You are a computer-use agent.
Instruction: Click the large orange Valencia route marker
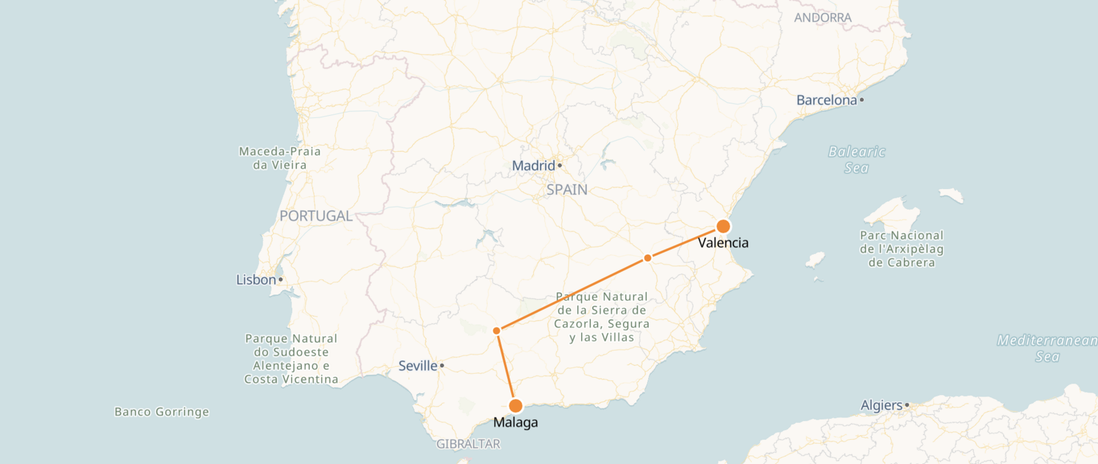pos(723,226)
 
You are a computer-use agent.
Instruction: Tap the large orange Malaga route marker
pos(516,406)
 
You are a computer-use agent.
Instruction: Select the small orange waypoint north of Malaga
pos(497,330)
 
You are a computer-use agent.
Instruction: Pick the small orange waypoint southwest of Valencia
pos(648,258)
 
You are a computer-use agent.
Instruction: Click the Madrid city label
pos(534,166)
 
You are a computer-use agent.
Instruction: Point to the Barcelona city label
pos(827,100)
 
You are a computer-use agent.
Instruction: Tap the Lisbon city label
pos(256,280)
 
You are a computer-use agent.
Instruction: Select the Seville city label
pos(418,366)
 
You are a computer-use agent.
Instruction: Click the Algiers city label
pos(882,405)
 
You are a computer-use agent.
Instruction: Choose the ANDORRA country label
pos(823,18)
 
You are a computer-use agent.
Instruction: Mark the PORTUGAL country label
pos(316,216)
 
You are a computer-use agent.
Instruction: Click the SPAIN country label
pos(567,190)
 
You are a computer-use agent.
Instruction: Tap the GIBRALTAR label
pos(469,444)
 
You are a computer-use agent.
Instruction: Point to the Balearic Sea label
pos(857,160)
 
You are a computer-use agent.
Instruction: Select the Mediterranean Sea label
pos(1047,348)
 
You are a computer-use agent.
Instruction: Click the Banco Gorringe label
pos(162,412)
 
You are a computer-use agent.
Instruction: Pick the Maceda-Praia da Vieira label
pos(280,158)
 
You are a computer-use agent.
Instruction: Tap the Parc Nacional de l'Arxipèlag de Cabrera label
pos(902,249)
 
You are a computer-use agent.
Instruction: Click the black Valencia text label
pos(723,243)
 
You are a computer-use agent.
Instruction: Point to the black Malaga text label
pos(516,422)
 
